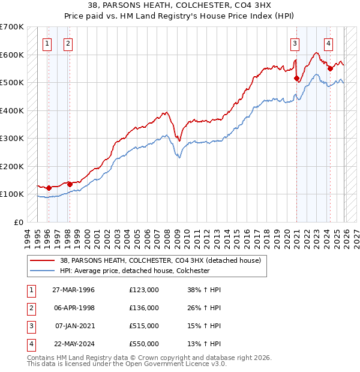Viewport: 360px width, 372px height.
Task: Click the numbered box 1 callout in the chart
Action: pyautogui.click(x=47, y=43)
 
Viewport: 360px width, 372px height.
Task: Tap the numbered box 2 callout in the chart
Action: pyautogui.click(x=68, y=43)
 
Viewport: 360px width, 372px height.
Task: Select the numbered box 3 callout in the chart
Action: pyautogui.click(x=295, y=43)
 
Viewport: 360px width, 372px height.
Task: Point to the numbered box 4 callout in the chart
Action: pyautogui.click(x=329, y=43)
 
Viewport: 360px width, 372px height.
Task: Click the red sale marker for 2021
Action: pyautogui.click(x=296, y=78)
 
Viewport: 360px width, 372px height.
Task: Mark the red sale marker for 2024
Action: pyautogui.click(x=330, y=68)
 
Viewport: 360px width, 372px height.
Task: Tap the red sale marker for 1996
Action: pyautogui.click(x=49, y=188)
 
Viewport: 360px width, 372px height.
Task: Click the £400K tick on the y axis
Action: pyautogui.click(x=12, y=110)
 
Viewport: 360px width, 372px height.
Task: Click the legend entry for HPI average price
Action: pyautogui.click(x=134, y=271)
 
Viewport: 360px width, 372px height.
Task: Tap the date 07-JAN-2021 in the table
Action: pyautogui.click(x=74, y=326)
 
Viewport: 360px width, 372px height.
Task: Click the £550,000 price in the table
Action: pyautogui.click(x=144, y=344)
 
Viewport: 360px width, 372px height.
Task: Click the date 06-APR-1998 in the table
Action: pyautogui.click(x=74, y=308)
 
